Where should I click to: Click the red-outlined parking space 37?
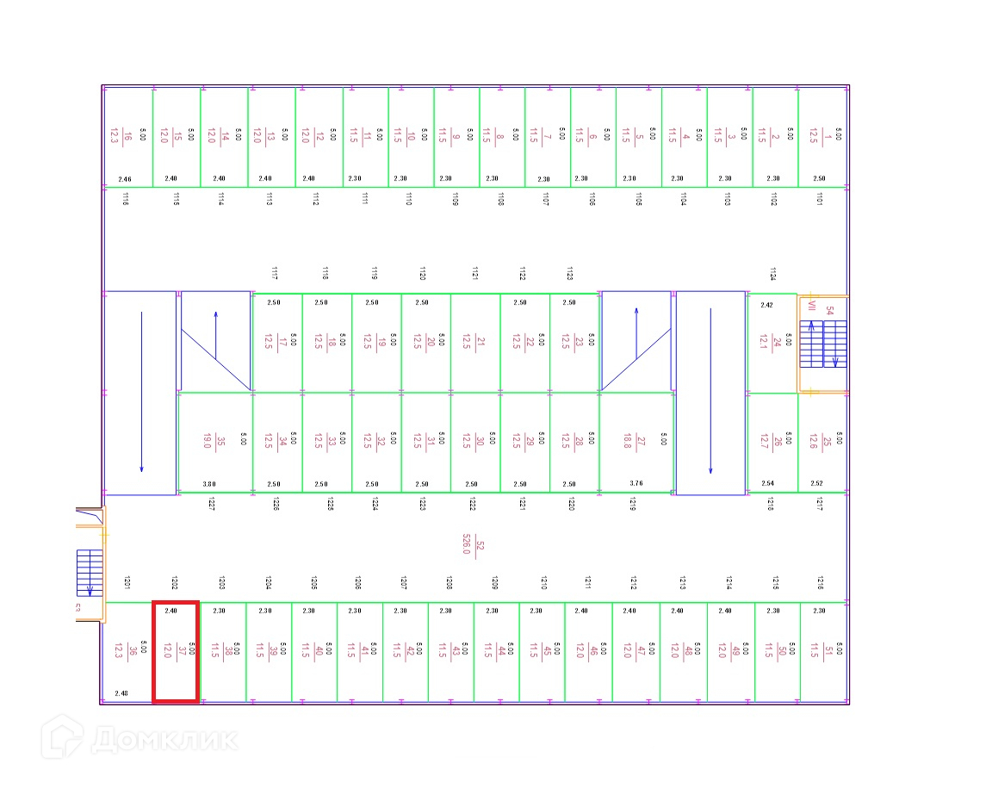[176, 652]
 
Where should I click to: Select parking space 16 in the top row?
[127, 135]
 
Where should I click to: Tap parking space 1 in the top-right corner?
[822, 135]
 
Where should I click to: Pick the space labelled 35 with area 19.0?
[214, 442]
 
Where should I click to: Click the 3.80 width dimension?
[208, 484]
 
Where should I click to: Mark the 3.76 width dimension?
[636, 484]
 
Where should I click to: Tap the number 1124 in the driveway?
[772, 274]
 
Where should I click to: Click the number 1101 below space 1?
[819, 199]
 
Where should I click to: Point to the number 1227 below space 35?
[211, 505]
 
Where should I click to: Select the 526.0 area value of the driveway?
[466, 545]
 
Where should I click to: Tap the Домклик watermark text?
[164, 739]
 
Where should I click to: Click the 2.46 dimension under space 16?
[125, 179]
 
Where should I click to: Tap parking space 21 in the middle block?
[475, 342]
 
